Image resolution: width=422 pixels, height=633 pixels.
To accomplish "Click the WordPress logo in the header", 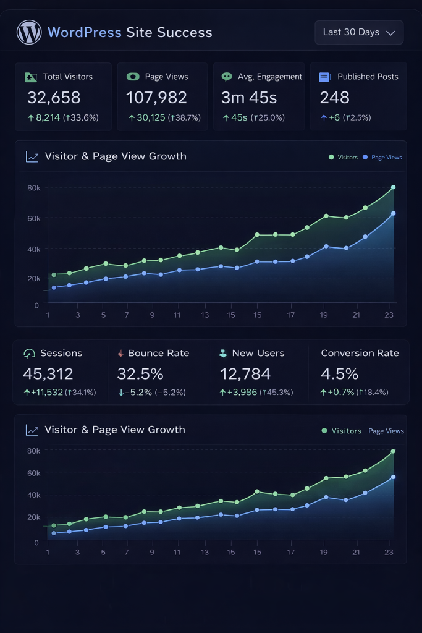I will pyautogui.click(x=29, y=32).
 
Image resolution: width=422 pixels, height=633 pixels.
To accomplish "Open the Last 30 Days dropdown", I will pyautogui.click(x=359, y=33).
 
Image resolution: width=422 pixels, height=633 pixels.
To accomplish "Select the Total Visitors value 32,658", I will pyautogui.click(x=54, y=98).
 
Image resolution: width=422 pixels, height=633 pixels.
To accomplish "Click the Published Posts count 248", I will pyautogui.click(x=334, y=98).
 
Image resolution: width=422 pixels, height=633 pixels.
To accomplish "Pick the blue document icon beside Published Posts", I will pyautogui.click(x=324, y=77).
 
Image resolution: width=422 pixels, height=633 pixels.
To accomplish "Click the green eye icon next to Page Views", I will pyautogui.click(x=132, y=77).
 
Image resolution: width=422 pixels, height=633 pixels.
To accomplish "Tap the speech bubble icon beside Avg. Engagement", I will pyautogui.click(x=227, y=77).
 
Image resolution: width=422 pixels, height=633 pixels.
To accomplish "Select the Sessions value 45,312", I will pyautogui.click(x=48, y=374).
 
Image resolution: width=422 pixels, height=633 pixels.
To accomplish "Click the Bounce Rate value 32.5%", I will pyautogui.click(x=140, y=374).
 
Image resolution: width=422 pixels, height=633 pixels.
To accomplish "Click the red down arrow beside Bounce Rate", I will pyautogui.click(x=120, y=354).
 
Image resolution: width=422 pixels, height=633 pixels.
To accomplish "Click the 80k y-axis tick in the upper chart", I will pyautogui.click(x=33, y=188).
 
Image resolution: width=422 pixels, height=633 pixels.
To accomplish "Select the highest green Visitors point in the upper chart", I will pyautogui.click(x=393, y=187).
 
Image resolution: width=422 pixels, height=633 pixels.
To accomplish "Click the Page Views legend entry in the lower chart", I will pyautogui.click(x=386, y=431).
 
